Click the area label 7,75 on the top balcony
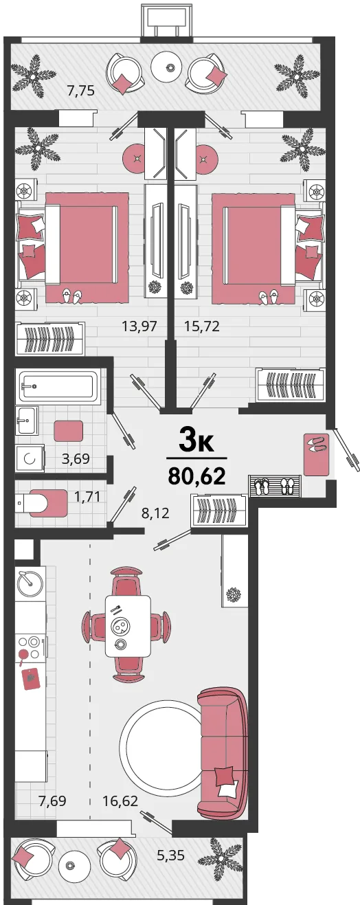[x=81, y=91]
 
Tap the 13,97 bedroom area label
[x=139, y=326]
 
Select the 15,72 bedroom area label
[x=202, y=326]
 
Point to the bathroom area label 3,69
[x=76, y=458]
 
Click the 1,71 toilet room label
[x=87, y=496]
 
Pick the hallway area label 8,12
[x=155, y=513]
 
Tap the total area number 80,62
[x=196, y=476]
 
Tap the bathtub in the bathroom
[x=58, y=386]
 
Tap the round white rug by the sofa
[x=160, y=746]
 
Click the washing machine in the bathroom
[x=30, y=458]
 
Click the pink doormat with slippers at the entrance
[x=317, y=454]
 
